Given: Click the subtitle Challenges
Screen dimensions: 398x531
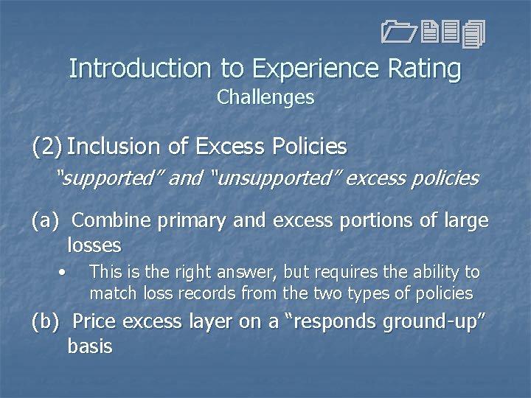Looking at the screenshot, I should pos(265,97).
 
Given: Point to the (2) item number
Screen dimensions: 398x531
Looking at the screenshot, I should pos(46,147).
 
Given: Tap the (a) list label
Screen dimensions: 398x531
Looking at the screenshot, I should pos(45,220).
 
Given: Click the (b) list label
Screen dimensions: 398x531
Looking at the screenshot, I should pos(46,322).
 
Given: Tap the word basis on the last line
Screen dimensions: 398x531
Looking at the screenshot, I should pos(89,346).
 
